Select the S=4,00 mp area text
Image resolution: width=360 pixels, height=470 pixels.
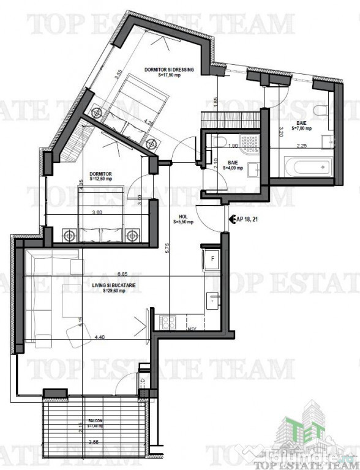233,168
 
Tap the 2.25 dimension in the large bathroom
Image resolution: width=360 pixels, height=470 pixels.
301,146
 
